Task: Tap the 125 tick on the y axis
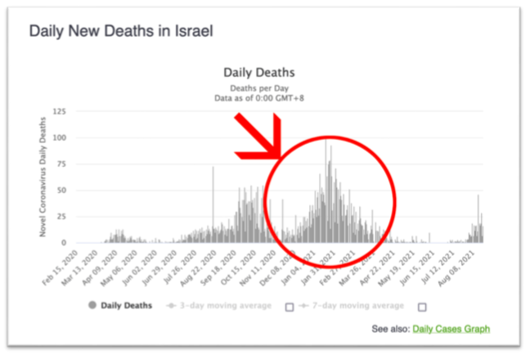pyautogui.click(x=59, y=111)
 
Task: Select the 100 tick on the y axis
pyautogui.click(x=59, y=137)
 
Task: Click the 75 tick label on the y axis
pyautogui.click(x=61, y=164)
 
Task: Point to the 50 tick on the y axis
pyautogui.click(x=61, y=190)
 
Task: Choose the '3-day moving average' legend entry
pyautogui.click(x=224, y=306)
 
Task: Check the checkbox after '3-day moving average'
pyautogui.click(x=289, y=307)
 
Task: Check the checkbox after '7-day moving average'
pyautogui.click(x=422, y=307)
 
